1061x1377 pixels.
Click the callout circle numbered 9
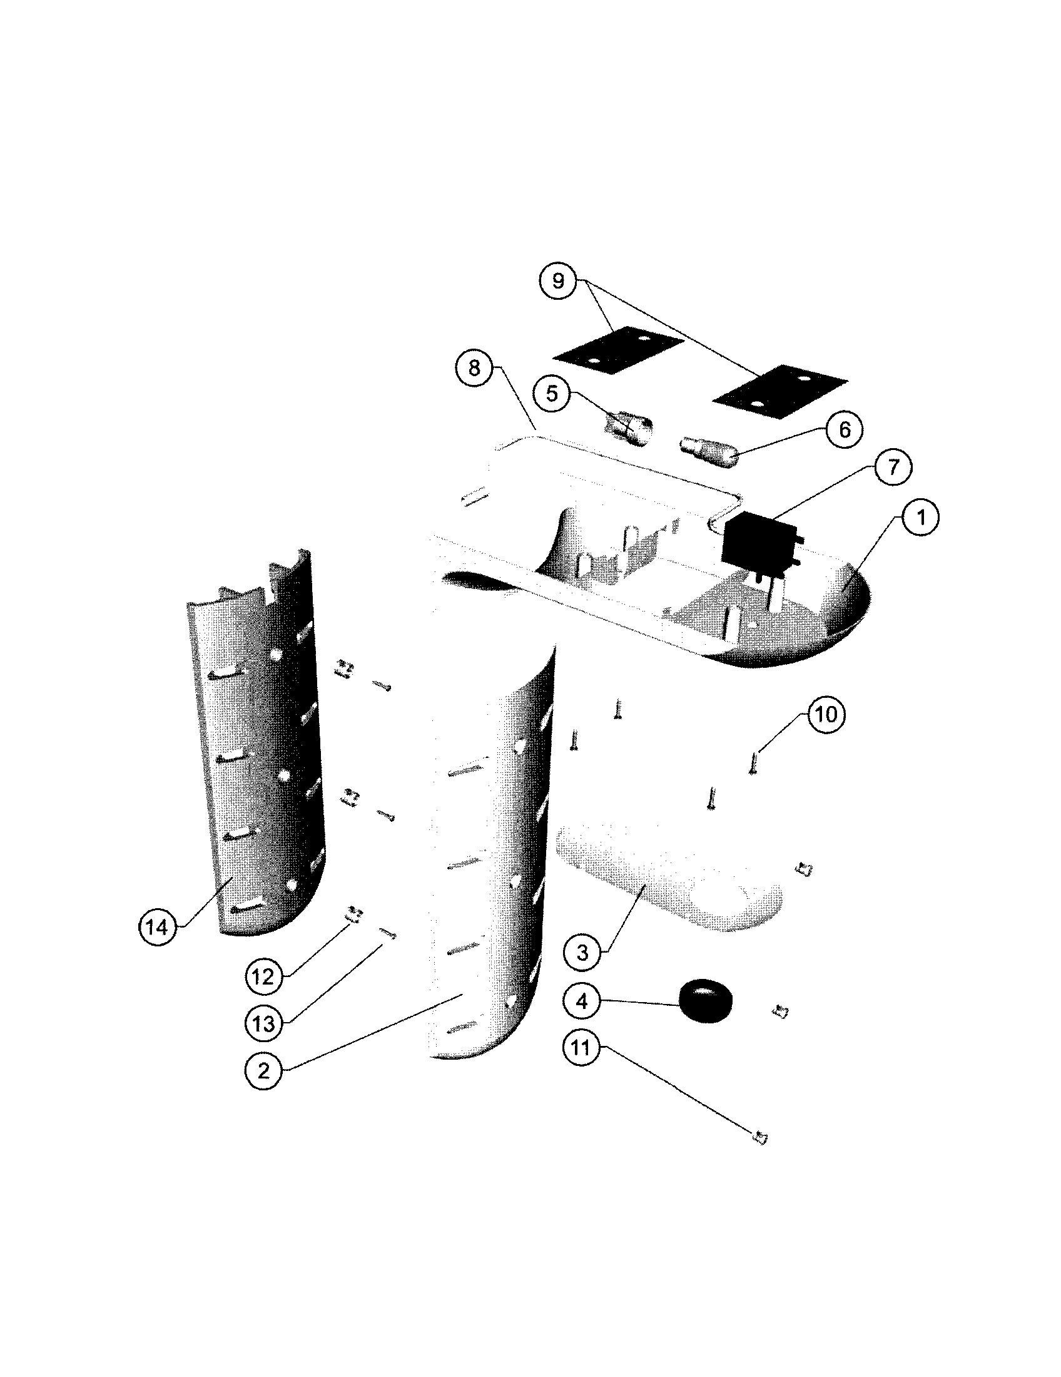pyautogui.click(x=558, y=281)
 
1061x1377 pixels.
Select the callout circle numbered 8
pyautogui.click(x=474, y=368)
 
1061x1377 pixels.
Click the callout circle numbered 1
pyautogui.click(x=920, y=518)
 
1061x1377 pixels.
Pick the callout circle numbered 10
pyautogui.click(x=826, y=714)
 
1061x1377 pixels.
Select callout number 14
pyautogui.click(x=157, y=927)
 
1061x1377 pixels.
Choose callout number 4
pyautogui.click(x=582, y=1001)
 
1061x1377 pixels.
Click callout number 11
pyautogui.click(x=581, y=1048)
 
